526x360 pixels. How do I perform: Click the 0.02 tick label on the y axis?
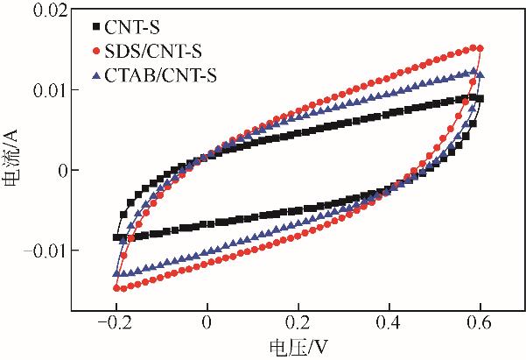point(46,11)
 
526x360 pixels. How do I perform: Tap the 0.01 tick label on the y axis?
point(46,90)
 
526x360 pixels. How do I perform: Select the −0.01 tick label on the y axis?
point(41,251)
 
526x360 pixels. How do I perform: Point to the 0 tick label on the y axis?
point(59,171)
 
